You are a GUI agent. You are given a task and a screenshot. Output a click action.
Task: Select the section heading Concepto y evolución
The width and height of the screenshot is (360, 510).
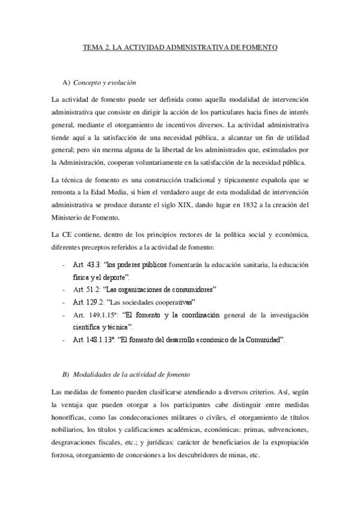pos(106,82)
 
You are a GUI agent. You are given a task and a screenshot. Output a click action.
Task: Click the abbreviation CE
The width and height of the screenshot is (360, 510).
pos(67,233)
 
